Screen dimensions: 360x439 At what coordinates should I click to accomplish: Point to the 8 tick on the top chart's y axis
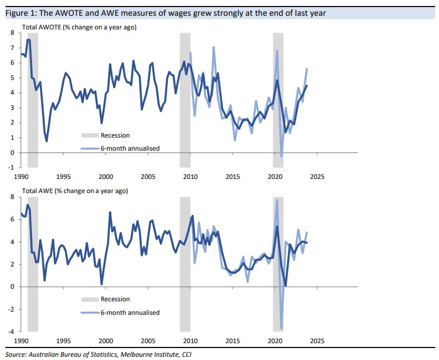[x=12, y=33]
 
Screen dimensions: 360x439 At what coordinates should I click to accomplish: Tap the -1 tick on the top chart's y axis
[x=11, y=167]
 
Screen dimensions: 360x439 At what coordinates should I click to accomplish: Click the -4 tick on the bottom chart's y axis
[x=11, y=332]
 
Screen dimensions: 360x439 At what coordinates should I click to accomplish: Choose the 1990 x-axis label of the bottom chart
[x=22, y=340]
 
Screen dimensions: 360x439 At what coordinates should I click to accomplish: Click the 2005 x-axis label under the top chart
[x=148, y=176]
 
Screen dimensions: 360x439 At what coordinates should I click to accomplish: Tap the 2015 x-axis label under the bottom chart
[x=233, y=340]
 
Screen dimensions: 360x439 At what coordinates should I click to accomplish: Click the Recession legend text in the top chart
[x=115, y=135]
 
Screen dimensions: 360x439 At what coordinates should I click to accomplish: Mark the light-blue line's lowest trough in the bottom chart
[x=281, y=328]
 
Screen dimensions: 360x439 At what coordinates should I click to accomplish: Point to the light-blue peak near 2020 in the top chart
[x=277, y=51]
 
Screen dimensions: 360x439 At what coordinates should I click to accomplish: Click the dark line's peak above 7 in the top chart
[x=28, y=40]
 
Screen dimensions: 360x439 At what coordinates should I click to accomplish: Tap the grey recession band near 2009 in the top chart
[x=185, y=98]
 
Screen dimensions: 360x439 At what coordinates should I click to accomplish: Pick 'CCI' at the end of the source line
[x=185, y=355]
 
